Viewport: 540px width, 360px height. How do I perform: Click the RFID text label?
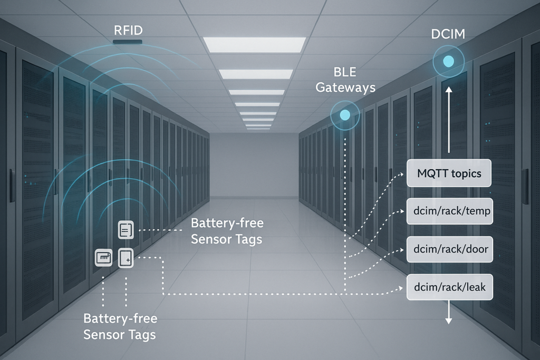pyautogui.click(x=128, y=30)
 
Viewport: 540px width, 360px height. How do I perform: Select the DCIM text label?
pyautogui.click(x=448, y=35)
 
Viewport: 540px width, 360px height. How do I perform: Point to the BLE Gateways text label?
pyautogui.click(x=345, y=80)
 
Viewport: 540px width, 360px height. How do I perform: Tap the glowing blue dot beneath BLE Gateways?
pyautogui.click(x=345, y=115)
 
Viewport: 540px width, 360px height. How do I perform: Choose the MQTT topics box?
pyautogui.click(x=449, y=173)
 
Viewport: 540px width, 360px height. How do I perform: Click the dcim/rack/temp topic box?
pyautogui.click(x=450, y=211)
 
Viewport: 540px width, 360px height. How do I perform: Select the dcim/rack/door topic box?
pyautogui.click(x=450, y=249)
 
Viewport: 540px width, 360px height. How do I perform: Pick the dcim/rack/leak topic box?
pyautogui.click(x=450, y=287)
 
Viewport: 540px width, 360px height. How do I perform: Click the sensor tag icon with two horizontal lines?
pyautogui.click(x=126, y=230)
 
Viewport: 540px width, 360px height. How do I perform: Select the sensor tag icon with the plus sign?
pyautogui.click(x=126, y=258)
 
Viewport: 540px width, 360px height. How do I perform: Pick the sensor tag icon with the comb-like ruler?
pyautogui.click(x=103, y=258)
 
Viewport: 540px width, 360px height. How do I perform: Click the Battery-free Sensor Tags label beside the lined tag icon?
pyautogui.click(x=227, y=231)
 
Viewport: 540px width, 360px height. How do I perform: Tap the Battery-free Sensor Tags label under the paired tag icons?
pyautogui.click(x=120, y=326)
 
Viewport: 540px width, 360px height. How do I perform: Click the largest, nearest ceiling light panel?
pyautogui.click(x=254, y=45)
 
